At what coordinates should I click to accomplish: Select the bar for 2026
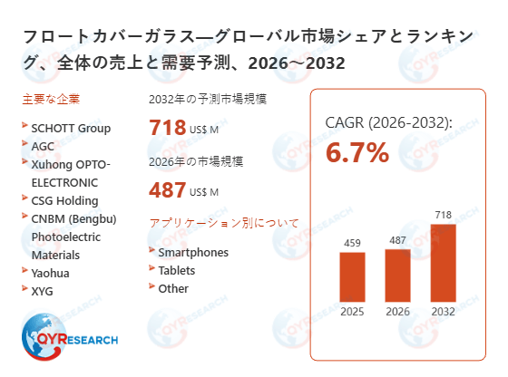click(x=397, y=275)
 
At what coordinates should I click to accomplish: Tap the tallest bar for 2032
click(x=443, y=262)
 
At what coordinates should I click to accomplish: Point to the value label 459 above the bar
click(x=352, y=243)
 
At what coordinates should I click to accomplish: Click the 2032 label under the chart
click(x=443, y=312)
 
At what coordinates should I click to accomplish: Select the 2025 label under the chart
click(x=352, y=312)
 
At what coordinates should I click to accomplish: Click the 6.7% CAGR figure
click(x=357, y=153)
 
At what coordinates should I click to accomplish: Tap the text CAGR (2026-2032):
click(x=388, y=121)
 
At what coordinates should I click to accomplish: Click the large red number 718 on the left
click(x=168, y=128)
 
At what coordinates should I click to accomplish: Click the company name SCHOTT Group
click(x=71, y=128)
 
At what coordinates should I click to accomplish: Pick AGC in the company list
click(x=43, y=145)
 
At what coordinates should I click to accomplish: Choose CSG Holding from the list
click(x=64, y=200)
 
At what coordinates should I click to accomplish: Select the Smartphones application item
click(x=193, y=252)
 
